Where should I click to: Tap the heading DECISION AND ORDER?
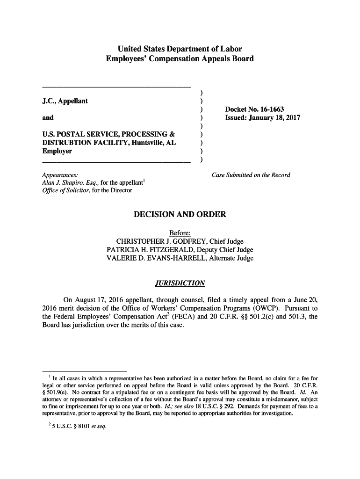click(180, 215)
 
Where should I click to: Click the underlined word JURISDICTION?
click(180, 283)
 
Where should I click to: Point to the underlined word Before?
click(180, 233)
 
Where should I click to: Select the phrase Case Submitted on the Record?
click(251, 175)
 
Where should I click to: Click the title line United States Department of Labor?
click(180, 49)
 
